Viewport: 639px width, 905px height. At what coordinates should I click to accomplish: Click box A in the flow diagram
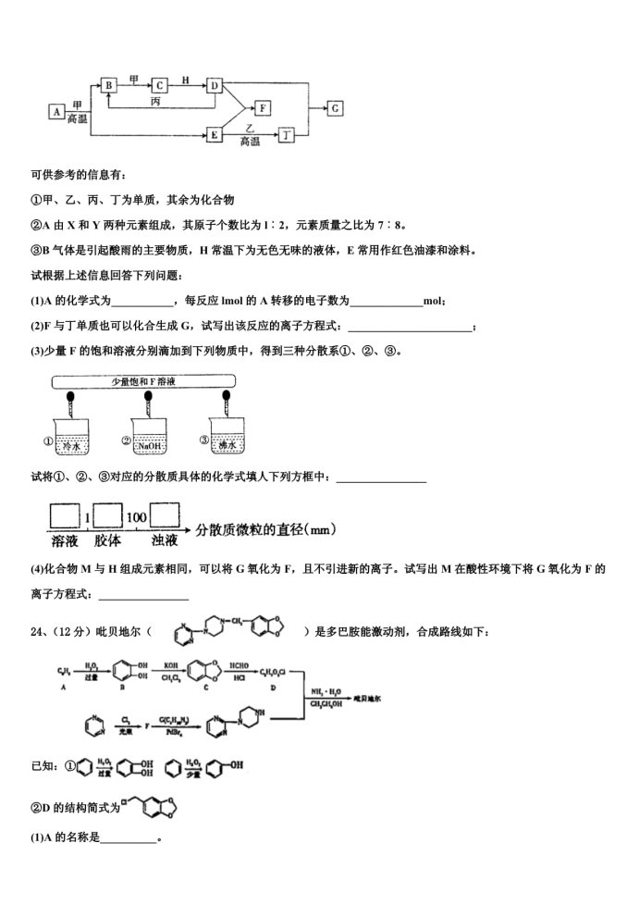58,112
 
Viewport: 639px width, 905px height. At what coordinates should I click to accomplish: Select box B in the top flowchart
109,85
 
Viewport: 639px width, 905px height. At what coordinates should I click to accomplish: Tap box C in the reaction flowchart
160,85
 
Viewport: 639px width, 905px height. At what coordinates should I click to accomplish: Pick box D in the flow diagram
215,85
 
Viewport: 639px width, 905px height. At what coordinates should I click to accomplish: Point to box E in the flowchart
215,135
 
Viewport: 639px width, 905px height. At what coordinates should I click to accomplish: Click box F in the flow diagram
264,109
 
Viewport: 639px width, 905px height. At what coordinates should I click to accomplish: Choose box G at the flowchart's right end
335,109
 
